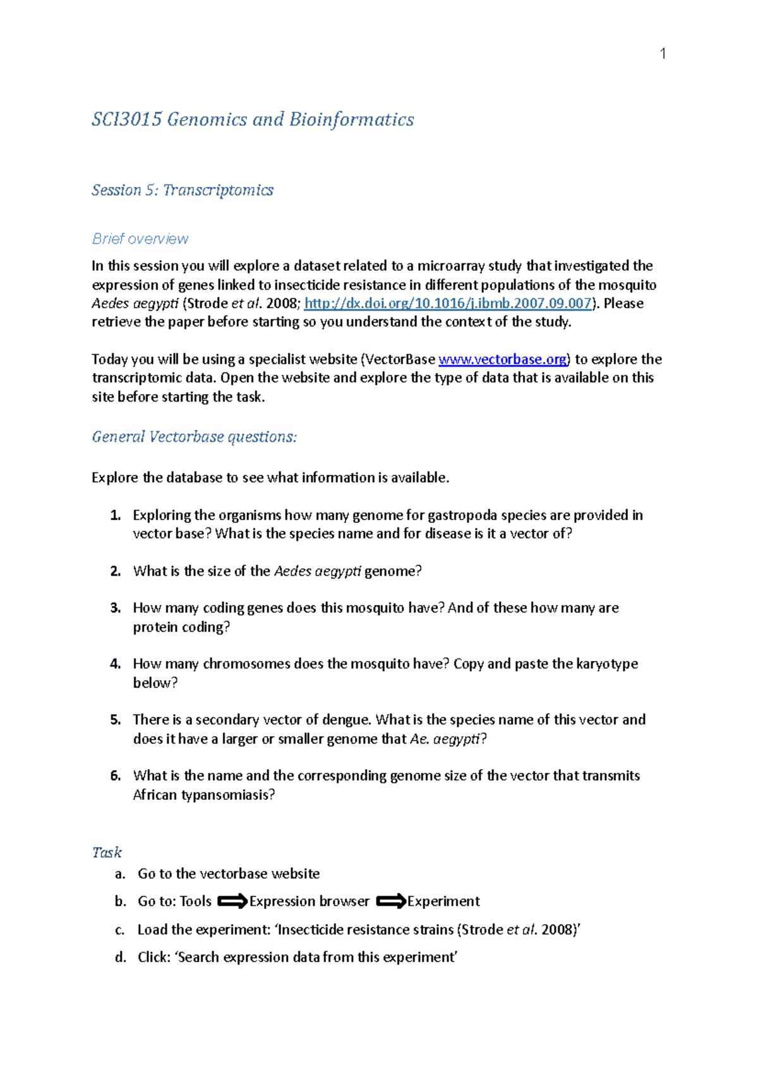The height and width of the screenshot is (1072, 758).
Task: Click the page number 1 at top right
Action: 663,54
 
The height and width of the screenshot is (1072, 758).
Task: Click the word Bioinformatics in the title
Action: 351,119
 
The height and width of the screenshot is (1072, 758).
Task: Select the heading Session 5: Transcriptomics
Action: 183,190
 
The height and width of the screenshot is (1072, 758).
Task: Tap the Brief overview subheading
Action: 140,239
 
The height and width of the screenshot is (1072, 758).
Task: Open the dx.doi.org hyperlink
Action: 448,303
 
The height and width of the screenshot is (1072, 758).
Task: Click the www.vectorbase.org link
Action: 503,359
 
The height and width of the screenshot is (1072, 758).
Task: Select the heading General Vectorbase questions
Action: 194,437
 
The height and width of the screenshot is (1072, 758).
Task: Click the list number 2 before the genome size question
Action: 115,571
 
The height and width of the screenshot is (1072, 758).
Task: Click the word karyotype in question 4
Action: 606,664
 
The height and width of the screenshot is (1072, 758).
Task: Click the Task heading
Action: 107,852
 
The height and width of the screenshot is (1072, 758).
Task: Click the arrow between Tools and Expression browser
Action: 232,902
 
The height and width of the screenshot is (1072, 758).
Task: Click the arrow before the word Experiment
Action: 390,902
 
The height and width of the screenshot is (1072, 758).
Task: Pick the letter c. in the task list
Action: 119,930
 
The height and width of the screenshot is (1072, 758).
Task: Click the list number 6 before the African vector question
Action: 115,776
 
